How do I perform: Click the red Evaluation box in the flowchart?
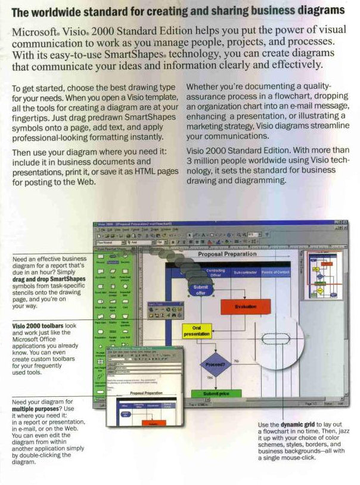pyautogui.click(x=245, y=306)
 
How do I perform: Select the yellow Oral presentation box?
pyautogui.click(x=197, y=331)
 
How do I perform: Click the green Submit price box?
pyautogui.click(x=213, y=394)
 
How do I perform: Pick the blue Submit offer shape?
pyautogui.click(x=200, y=290)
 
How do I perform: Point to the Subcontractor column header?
pyautogui.click(x=245, y=272)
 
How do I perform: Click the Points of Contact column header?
pyautogui.click(x=275, y=272)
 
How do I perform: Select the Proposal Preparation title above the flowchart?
pyautogui.click(x=227, y=254)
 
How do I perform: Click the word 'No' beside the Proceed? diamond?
pyautogui.click(x=237, y=360)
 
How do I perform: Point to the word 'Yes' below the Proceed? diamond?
pyautogui.click(x=209, y=378)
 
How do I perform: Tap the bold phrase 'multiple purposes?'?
pyautogui.click(x=36, y=409)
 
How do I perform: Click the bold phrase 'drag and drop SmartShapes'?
pyautogui.click(x=48, y=279)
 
